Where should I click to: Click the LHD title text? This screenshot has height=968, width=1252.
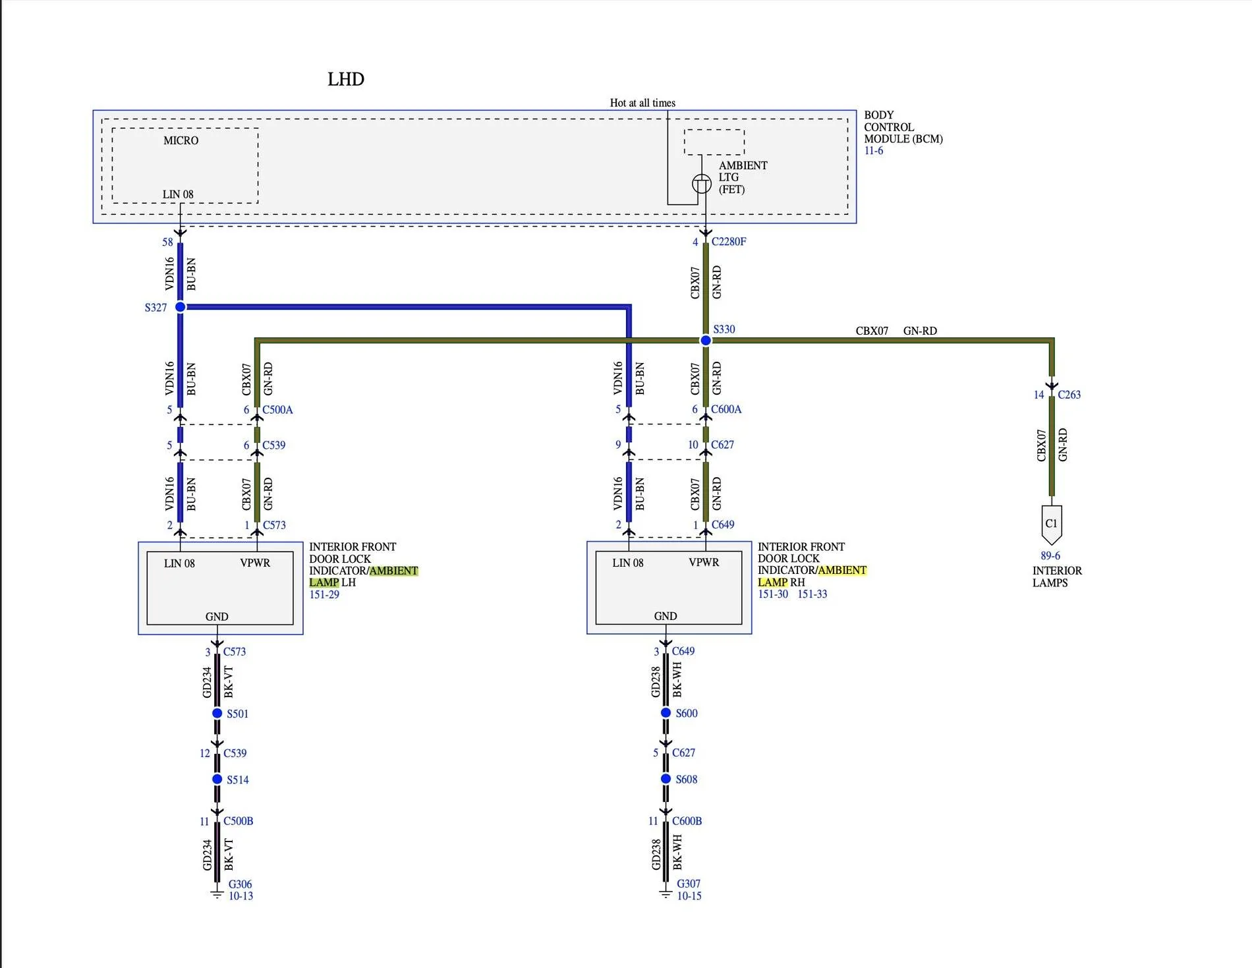pos(346,79)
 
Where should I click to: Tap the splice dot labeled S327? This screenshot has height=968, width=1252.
pos(180,307)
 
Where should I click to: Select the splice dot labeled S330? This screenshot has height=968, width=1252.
pos(706,340)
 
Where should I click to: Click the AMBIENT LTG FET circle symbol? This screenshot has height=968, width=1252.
pos(702,184)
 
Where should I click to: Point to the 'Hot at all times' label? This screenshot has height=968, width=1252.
pos(642,103)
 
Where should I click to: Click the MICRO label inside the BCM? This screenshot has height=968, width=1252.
pos(181,140)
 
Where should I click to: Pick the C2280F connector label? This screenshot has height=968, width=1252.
pos(729,242)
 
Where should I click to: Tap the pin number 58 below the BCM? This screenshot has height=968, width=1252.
pos(167,242)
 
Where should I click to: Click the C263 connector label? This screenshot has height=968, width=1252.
pos(1069,395)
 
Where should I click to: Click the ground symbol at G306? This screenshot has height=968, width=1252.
pos(217,894)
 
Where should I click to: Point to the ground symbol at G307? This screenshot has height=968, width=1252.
pos(666,894)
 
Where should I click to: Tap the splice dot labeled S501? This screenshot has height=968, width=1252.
pos(217,714)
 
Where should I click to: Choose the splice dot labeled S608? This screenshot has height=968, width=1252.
pos(666,779)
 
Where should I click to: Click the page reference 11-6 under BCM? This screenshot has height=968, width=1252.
pos(874,151)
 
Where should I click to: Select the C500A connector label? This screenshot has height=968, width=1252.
pos(277,410)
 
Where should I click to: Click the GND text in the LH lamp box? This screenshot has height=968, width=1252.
pos(217,617)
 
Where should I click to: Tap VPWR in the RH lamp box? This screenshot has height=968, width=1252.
pos(704,563)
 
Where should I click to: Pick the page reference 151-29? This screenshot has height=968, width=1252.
pos(324,594)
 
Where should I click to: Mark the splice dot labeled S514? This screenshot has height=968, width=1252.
pos(217,780)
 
